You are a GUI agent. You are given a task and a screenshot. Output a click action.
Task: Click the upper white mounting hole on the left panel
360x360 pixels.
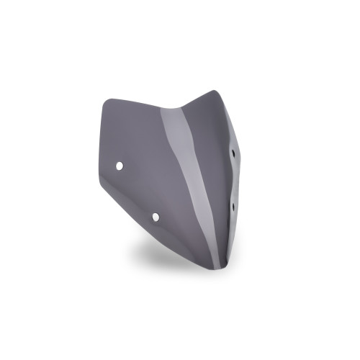click(x=120, y=166)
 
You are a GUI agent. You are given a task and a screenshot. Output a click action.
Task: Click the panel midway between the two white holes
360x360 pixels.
click(x=138, y=191)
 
